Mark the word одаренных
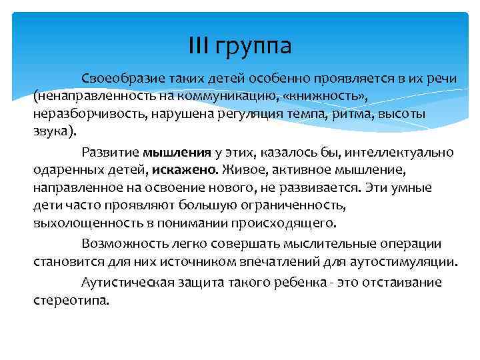pos(64,169)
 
